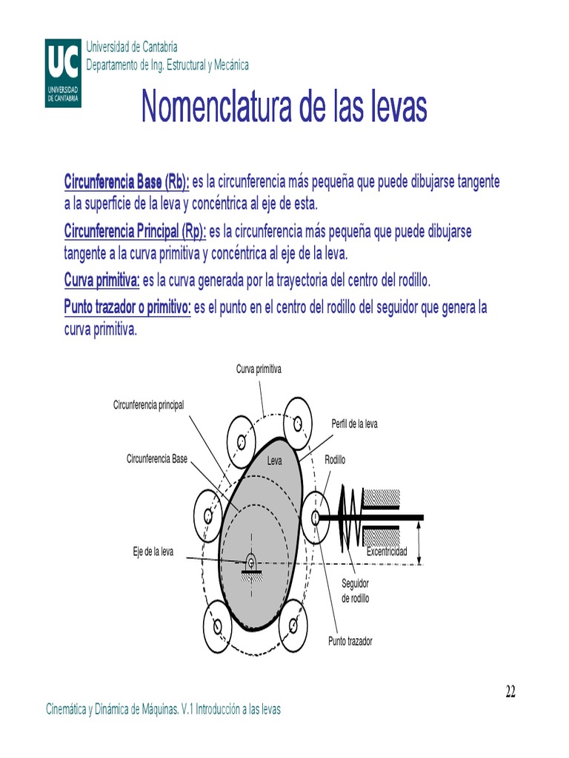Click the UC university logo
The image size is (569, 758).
tap(63, 72)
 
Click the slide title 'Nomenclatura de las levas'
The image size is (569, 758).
tap(284, 108)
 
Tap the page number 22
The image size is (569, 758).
tap(510, 692)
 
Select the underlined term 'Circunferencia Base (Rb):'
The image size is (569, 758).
tap(127, 182)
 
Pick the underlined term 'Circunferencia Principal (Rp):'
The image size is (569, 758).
tap(135, 232)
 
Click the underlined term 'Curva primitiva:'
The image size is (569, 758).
tap(102, 281)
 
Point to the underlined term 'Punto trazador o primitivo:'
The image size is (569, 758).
tap(127, 307)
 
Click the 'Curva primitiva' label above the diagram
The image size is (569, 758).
tap(259, 369)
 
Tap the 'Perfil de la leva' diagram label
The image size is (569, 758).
tap(354, 424)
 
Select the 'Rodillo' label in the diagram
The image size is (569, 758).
tap(335, 460)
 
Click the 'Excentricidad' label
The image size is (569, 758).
tap(387, 552)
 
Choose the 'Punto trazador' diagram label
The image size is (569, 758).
tap(350, 641)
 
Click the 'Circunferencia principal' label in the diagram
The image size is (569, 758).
tap(148, 405)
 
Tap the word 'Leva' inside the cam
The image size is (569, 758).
tap(276, 460)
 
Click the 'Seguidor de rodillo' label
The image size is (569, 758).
tap(355, 591)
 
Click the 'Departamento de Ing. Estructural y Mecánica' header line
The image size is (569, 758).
tap(167, 65)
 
